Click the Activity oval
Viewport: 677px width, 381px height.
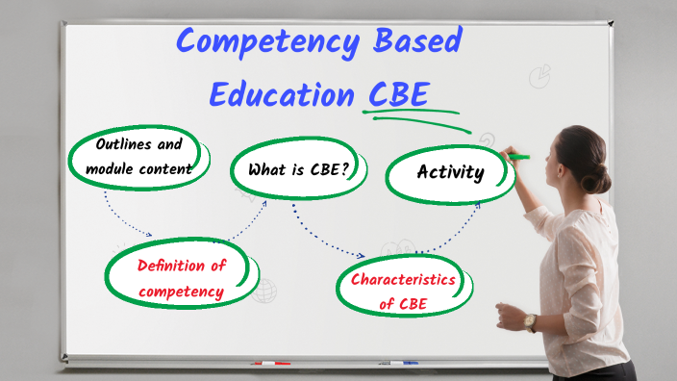(x=449, y=174)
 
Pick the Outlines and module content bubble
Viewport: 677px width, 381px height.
(x=138, y=157)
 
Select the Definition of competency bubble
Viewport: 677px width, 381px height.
(x=181, y=278)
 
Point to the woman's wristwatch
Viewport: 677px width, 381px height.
(x=530, y=322)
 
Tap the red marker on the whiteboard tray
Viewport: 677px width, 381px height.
(x=270, y=364)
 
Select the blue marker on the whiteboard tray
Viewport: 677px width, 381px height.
(x=398, y=363)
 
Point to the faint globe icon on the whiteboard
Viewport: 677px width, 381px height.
(x=263, y=291)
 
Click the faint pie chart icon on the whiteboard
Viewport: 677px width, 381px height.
(x=539, y=76)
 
